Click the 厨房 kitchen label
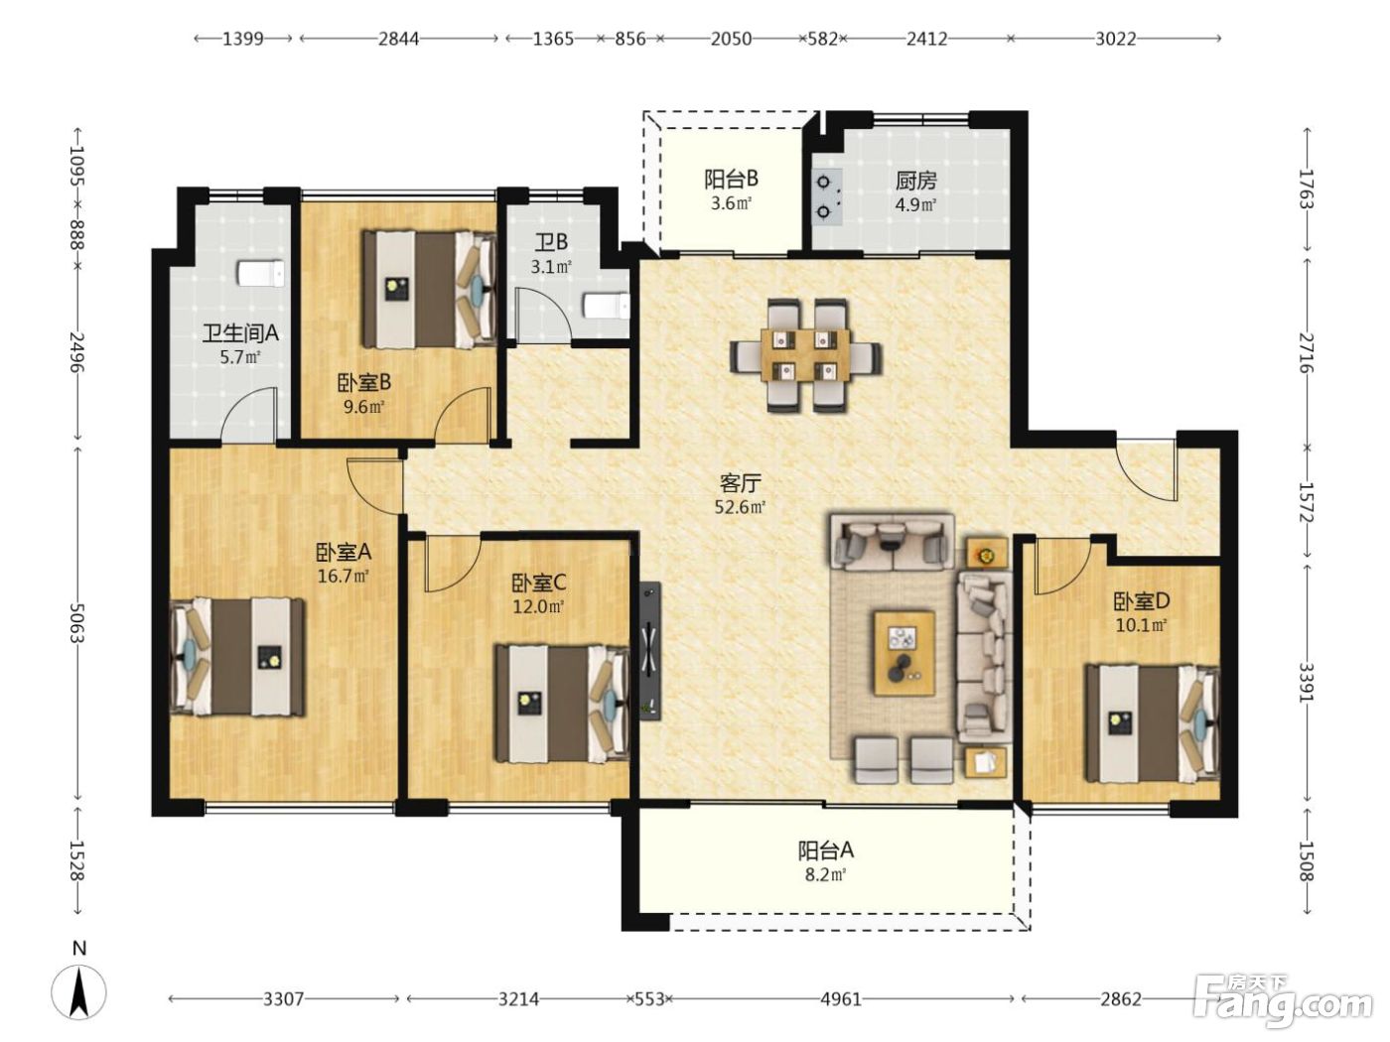915,181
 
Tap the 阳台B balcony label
731,179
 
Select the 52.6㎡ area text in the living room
741,507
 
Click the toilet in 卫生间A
260,273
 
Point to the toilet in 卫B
605,307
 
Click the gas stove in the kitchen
827,197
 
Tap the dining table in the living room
805,355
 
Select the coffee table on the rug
904,653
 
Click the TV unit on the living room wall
649,651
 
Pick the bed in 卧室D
1152,723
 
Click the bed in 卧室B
429,289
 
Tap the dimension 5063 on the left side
77,624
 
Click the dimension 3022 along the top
1116,40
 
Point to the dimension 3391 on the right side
1307,683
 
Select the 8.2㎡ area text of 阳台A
826,875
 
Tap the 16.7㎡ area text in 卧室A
344,576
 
